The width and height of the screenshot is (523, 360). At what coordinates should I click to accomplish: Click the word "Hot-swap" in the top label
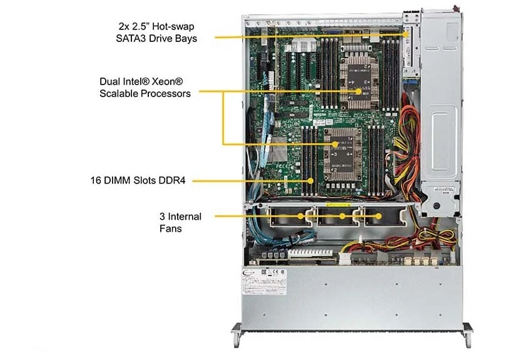(173, 26)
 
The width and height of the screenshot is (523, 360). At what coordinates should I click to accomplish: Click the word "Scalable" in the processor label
(119, 93)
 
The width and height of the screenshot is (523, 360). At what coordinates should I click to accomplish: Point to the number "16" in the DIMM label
(96, 181)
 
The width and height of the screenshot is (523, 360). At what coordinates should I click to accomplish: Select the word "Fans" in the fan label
(170, 229)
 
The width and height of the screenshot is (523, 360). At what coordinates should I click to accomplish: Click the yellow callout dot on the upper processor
(358, 91)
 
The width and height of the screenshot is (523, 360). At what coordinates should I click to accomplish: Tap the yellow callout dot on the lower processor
(335, 144)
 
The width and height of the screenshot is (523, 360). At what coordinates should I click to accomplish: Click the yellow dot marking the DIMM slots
(310, 181)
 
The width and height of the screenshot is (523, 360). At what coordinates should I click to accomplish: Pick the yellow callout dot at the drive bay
(406, 34)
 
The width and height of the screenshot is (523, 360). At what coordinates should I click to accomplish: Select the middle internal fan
(338, 217)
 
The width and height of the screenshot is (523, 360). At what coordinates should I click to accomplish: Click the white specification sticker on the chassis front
(264, 282)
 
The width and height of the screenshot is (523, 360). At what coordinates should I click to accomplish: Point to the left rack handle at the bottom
(236, 334)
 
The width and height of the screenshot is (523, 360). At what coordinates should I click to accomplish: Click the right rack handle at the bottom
(467, 334)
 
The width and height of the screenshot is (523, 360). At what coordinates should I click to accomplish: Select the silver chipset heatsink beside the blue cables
(278, 149)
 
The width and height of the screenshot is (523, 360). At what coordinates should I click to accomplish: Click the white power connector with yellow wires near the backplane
(345, 259)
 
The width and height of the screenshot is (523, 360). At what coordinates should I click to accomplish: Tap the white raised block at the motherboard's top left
(304, 45)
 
